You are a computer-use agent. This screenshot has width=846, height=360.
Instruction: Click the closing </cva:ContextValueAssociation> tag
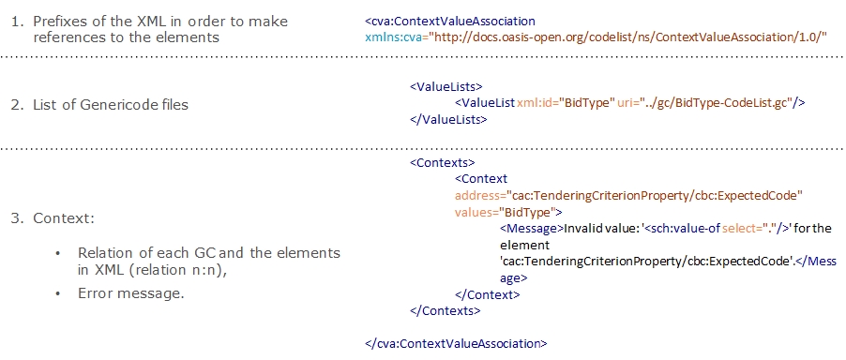[456, 343]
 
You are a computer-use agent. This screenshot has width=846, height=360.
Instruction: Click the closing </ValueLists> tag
[448, 119]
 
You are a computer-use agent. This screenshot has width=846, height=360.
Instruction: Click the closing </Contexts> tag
[445, 309]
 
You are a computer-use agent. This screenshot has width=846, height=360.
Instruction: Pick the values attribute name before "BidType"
[475, 211]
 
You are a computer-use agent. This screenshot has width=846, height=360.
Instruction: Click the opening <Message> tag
[530, 228]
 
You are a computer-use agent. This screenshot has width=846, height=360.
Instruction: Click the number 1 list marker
[17, 21]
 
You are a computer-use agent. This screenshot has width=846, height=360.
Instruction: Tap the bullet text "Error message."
[130, 293]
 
